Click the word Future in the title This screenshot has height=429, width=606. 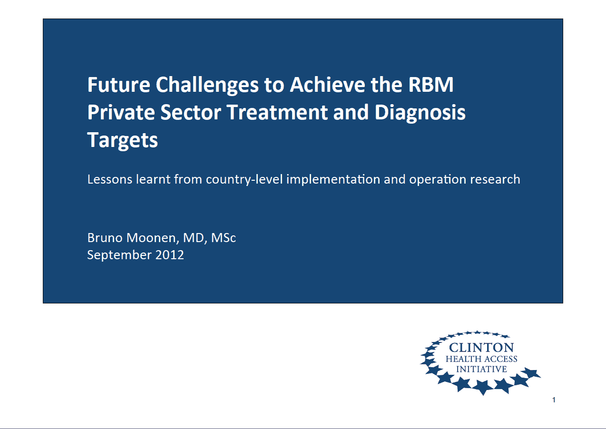[x=119, y=85]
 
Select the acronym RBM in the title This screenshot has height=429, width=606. [x=431, y=85]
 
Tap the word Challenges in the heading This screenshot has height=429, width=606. [x=207, y=86]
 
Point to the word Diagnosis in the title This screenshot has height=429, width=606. [x=420, y=113]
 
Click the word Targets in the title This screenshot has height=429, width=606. [x=123, y=141]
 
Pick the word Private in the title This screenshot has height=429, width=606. [x=121, y=112]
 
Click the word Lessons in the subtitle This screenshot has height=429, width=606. [x=110, y=179]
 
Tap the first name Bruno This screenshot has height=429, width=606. [x=105, y=238]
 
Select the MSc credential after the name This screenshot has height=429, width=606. [x=224, y=238]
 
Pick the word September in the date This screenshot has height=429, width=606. [x=119, y=255]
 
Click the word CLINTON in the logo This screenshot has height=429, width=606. [x=481, y=348]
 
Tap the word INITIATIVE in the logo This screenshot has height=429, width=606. [x=481, y=369]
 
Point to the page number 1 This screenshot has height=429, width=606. [x=554, y=400]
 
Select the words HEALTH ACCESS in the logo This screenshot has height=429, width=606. [x=481, y=359]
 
